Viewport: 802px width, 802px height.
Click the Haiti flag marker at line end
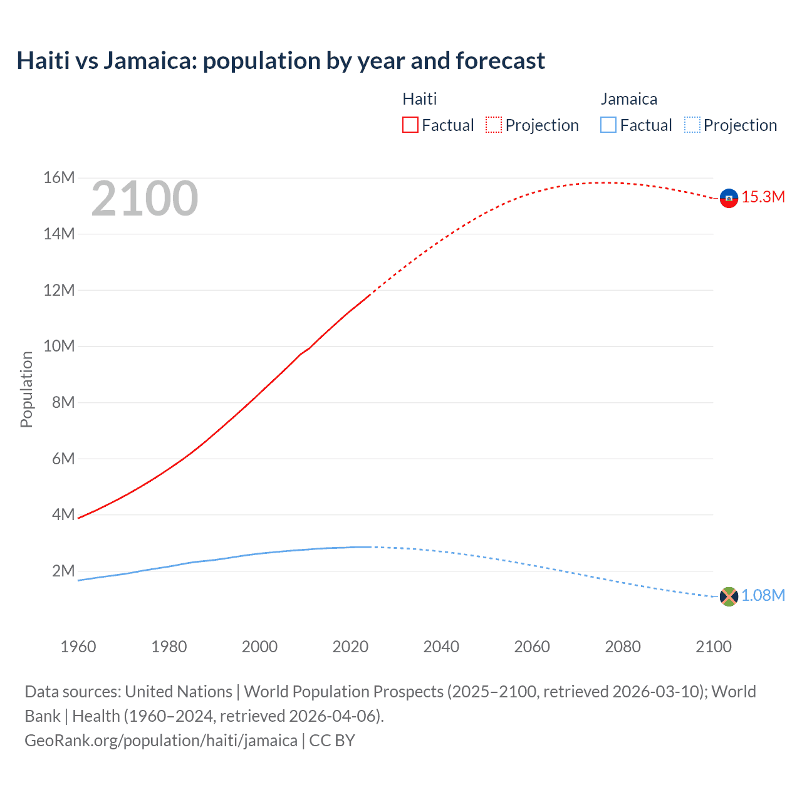pos(729,198)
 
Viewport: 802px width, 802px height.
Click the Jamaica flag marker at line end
pos(729,596)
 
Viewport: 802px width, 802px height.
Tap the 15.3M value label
pos(763,197)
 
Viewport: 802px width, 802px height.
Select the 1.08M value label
pos(763,596)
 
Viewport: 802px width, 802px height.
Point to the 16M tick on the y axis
pos(59,178)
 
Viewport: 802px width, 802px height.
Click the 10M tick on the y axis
pos(59,346)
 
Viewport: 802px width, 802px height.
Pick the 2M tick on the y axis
pos(63,571)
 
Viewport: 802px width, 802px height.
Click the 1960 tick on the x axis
pos(78,647)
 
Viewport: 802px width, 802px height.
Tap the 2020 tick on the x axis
pos(350,647)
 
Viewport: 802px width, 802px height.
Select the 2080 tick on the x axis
pos(623,647)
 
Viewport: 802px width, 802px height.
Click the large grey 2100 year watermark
pos(145,199)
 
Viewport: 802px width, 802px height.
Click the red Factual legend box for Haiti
pos(410,125)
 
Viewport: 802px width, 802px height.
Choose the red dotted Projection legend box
pos(494,125)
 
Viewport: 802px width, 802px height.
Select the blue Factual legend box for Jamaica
pos(608,125)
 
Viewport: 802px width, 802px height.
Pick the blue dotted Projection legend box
pos(692,125)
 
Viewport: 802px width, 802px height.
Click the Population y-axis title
pos(26,389)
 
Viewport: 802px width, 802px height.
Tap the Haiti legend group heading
pos(419,99)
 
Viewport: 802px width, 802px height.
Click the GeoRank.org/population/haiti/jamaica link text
pos(161,741)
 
